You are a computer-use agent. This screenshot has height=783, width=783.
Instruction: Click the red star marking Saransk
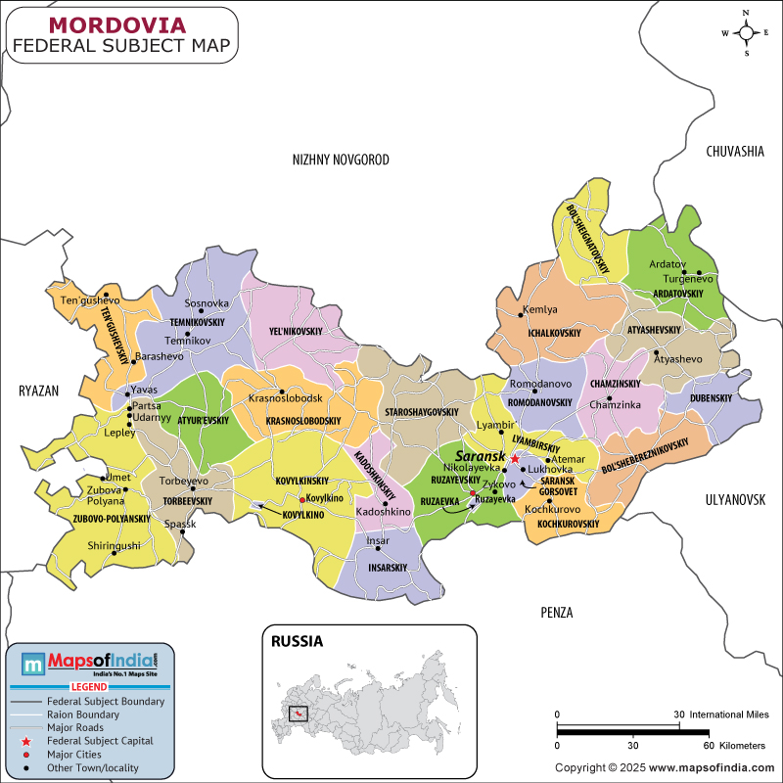click(x=515, y=458)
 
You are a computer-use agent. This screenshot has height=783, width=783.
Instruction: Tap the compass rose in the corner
click(x=747, y=32)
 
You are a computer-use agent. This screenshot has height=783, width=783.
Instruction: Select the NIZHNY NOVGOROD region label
click(x=342, y=160)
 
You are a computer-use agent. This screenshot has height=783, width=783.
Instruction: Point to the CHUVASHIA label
click(x=734, y=151)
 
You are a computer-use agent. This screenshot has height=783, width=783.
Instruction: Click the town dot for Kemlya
click(x=521, y=314)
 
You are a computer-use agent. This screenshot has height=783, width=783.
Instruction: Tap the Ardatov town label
click(x=666, y=264)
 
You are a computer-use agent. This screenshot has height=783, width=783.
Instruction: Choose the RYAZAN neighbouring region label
click(x=39, y=391)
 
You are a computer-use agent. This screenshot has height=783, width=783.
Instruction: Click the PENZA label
click(x=556, y=613)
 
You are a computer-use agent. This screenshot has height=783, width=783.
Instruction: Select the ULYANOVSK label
click(x=734, y=499)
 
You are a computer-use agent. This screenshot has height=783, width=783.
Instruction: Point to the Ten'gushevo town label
click(x=90, y=300)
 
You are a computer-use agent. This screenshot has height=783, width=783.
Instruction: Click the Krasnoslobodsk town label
click(x=285, y=398)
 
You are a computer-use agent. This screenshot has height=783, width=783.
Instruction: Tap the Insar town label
click(x=378, y=540)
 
